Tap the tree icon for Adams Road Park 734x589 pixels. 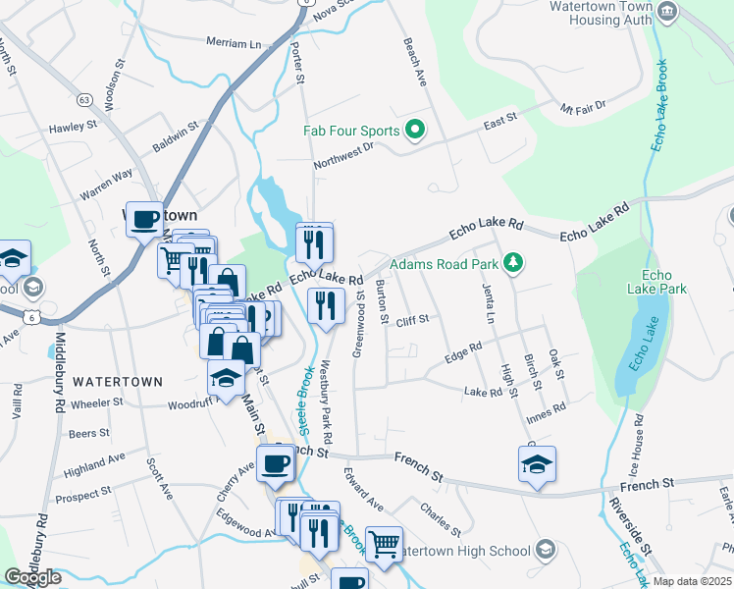point(511,262)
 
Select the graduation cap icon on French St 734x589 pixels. point(537,463)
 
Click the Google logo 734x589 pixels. point(32,577)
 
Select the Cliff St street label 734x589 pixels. point(413,321)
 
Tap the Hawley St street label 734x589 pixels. point(74,127)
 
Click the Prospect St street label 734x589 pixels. point(83,498)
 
